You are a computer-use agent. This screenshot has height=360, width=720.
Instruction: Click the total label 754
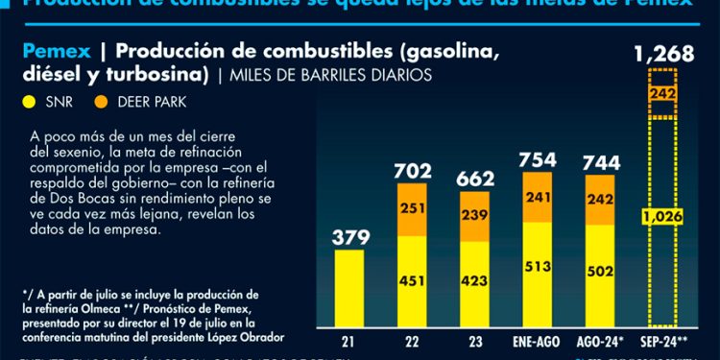click(540, 158)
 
